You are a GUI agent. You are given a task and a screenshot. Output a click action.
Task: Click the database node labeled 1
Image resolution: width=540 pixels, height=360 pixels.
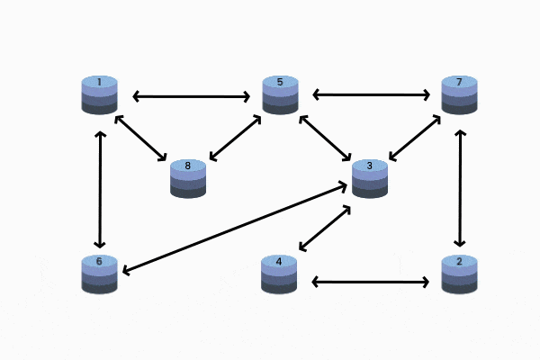click(99, 95)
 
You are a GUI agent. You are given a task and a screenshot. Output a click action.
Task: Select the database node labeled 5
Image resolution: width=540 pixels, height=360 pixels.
click(280, 95)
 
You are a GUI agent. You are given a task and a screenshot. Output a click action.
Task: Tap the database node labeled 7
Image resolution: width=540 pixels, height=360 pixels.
click(459, 95)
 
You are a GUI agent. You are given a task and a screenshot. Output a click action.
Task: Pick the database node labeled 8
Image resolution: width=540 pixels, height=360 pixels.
click(188, 178)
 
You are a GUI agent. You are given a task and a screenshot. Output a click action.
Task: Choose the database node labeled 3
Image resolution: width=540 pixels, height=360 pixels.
click(369, 178)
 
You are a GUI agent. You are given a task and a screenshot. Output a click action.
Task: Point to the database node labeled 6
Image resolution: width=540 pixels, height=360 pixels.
click(99, 274)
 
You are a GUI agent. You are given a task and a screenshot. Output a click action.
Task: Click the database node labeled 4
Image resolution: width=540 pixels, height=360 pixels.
click(279, 274)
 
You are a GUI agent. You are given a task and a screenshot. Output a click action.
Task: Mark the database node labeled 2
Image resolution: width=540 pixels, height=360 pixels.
click(459, 274)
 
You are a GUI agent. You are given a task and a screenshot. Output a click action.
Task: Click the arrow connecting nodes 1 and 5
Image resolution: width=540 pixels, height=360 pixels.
click(190, 95)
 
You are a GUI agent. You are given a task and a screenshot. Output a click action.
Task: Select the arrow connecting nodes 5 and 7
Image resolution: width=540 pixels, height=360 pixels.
click(370, 94)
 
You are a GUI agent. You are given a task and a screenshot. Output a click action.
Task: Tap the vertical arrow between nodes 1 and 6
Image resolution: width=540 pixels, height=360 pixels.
click(100, 189)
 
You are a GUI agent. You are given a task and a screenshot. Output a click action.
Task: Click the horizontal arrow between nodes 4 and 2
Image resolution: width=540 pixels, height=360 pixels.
click(370, 282)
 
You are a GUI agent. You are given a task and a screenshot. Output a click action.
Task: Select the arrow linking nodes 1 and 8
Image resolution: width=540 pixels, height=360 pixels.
click(141, 139)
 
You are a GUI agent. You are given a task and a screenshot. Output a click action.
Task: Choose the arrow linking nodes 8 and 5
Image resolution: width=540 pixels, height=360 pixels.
click(235, 138)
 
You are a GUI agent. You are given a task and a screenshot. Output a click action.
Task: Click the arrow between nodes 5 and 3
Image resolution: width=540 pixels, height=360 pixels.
click(325, 138)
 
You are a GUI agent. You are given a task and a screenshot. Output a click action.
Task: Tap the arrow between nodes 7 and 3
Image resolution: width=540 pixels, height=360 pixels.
click(414, 138)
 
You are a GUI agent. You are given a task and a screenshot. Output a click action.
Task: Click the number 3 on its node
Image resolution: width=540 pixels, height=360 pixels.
click(369, 166)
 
